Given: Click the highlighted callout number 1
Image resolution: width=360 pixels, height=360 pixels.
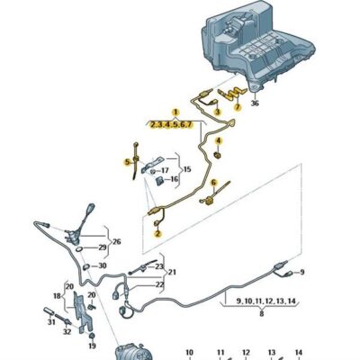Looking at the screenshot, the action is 175,112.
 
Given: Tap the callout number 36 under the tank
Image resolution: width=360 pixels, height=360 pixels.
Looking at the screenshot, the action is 255,103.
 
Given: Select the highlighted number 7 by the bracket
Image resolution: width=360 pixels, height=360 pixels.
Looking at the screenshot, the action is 238,107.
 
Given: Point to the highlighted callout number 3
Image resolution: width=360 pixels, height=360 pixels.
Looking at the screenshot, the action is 217,112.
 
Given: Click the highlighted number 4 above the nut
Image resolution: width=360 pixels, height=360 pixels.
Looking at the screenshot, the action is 219,140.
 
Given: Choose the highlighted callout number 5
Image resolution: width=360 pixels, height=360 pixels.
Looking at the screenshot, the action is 128,162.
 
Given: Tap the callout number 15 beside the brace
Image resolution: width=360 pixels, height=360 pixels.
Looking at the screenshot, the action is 187,169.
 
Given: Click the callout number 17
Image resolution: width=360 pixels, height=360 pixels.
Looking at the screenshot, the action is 165,171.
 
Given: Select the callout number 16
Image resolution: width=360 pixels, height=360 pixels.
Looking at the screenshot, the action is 175,180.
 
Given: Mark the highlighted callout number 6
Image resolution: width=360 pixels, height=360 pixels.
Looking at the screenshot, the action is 213,183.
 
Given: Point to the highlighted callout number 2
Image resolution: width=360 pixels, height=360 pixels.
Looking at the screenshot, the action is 157,233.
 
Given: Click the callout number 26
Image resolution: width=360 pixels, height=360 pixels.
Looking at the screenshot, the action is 117,241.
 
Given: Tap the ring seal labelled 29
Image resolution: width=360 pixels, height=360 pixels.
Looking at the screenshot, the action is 79,248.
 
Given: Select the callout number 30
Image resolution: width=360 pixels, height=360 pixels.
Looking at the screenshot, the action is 103,265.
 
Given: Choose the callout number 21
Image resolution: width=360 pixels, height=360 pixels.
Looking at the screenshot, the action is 172,273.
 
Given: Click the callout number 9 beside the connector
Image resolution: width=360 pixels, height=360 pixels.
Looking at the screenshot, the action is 301,272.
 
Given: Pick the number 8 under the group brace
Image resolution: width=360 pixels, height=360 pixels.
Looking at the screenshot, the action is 262,314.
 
